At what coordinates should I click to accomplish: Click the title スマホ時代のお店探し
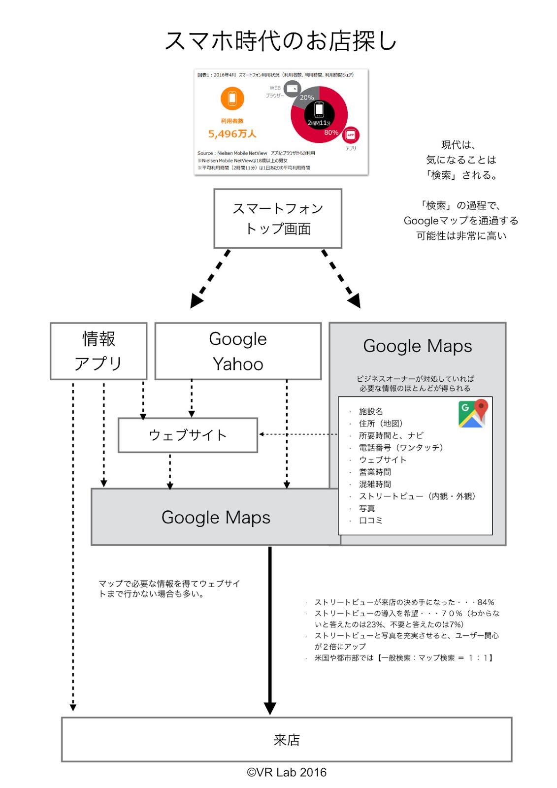(280, 40)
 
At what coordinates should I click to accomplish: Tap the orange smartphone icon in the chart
(232, 98)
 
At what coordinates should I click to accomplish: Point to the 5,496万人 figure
(232, 134)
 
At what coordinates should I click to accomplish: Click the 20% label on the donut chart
(307, 98)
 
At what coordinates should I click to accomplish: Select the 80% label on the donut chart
(331, 132)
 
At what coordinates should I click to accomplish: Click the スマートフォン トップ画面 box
(278, 218)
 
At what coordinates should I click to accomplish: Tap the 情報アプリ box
(98, 351)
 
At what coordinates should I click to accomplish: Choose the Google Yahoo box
(238, 351)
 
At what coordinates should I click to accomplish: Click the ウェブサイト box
(188, 435)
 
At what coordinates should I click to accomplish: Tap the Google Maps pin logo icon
(473, 413)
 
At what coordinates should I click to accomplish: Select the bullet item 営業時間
(375, 472)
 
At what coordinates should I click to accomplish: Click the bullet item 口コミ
(370, 520)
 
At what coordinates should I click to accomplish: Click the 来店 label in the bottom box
(287, 740)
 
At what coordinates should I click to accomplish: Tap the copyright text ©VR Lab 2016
(287, 772)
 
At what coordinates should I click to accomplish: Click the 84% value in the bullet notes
(486, 602)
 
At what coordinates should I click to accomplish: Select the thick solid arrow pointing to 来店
(270, 630)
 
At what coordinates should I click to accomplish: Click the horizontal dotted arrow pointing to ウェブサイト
(298, 434)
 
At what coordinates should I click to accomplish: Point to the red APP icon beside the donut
(351, 135)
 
